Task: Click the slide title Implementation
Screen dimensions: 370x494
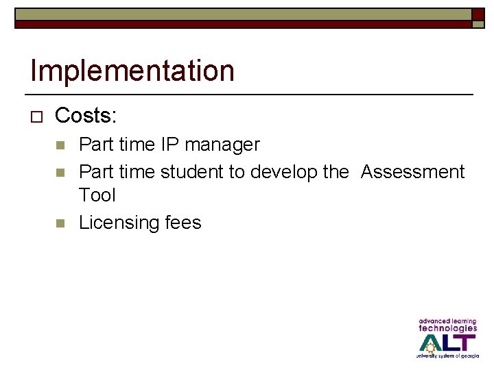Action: click(x=132, y=71)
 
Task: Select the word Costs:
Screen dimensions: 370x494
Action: click(x=86, y=116)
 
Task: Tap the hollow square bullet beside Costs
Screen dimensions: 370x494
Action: click(x=37, y=117)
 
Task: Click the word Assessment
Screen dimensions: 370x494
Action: click(x=412, y=171)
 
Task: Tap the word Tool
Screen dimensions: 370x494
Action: click(x=97, y=195)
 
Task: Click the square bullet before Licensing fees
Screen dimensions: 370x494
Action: click(x=60, y=223)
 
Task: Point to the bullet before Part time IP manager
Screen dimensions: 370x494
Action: click(x=60, y=145)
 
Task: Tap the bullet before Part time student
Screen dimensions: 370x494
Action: click(x=60, y=172)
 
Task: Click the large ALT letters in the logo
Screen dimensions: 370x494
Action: click(x=447, y=342)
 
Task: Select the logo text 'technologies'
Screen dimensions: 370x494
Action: click(x=447, y=328)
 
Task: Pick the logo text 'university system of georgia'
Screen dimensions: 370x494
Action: click(x=447, y=356)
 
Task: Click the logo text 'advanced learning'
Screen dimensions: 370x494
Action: click(x=447, y=321)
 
